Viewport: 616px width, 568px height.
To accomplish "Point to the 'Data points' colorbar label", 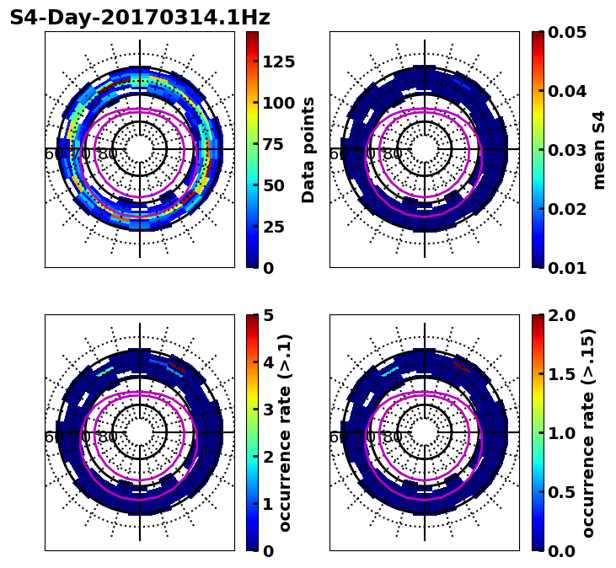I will (x=308, y=149).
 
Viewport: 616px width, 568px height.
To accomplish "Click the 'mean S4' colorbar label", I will (x=599, y=149).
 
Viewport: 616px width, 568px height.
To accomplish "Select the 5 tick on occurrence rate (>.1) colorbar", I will (x=268, y=315).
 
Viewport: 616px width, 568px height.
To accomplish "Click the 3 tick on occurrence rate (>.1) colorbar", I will (x=268, y=410).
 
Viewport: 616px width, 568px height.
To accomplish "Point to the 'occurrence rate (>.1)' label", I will (x=285, y=432).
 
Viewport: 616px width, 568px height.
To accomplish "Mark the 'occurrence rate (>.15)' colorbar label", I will (x=588, y=432).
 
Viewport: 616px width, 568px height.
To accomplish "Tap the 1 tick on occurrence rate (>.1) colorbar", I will (x=268, y=504).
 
